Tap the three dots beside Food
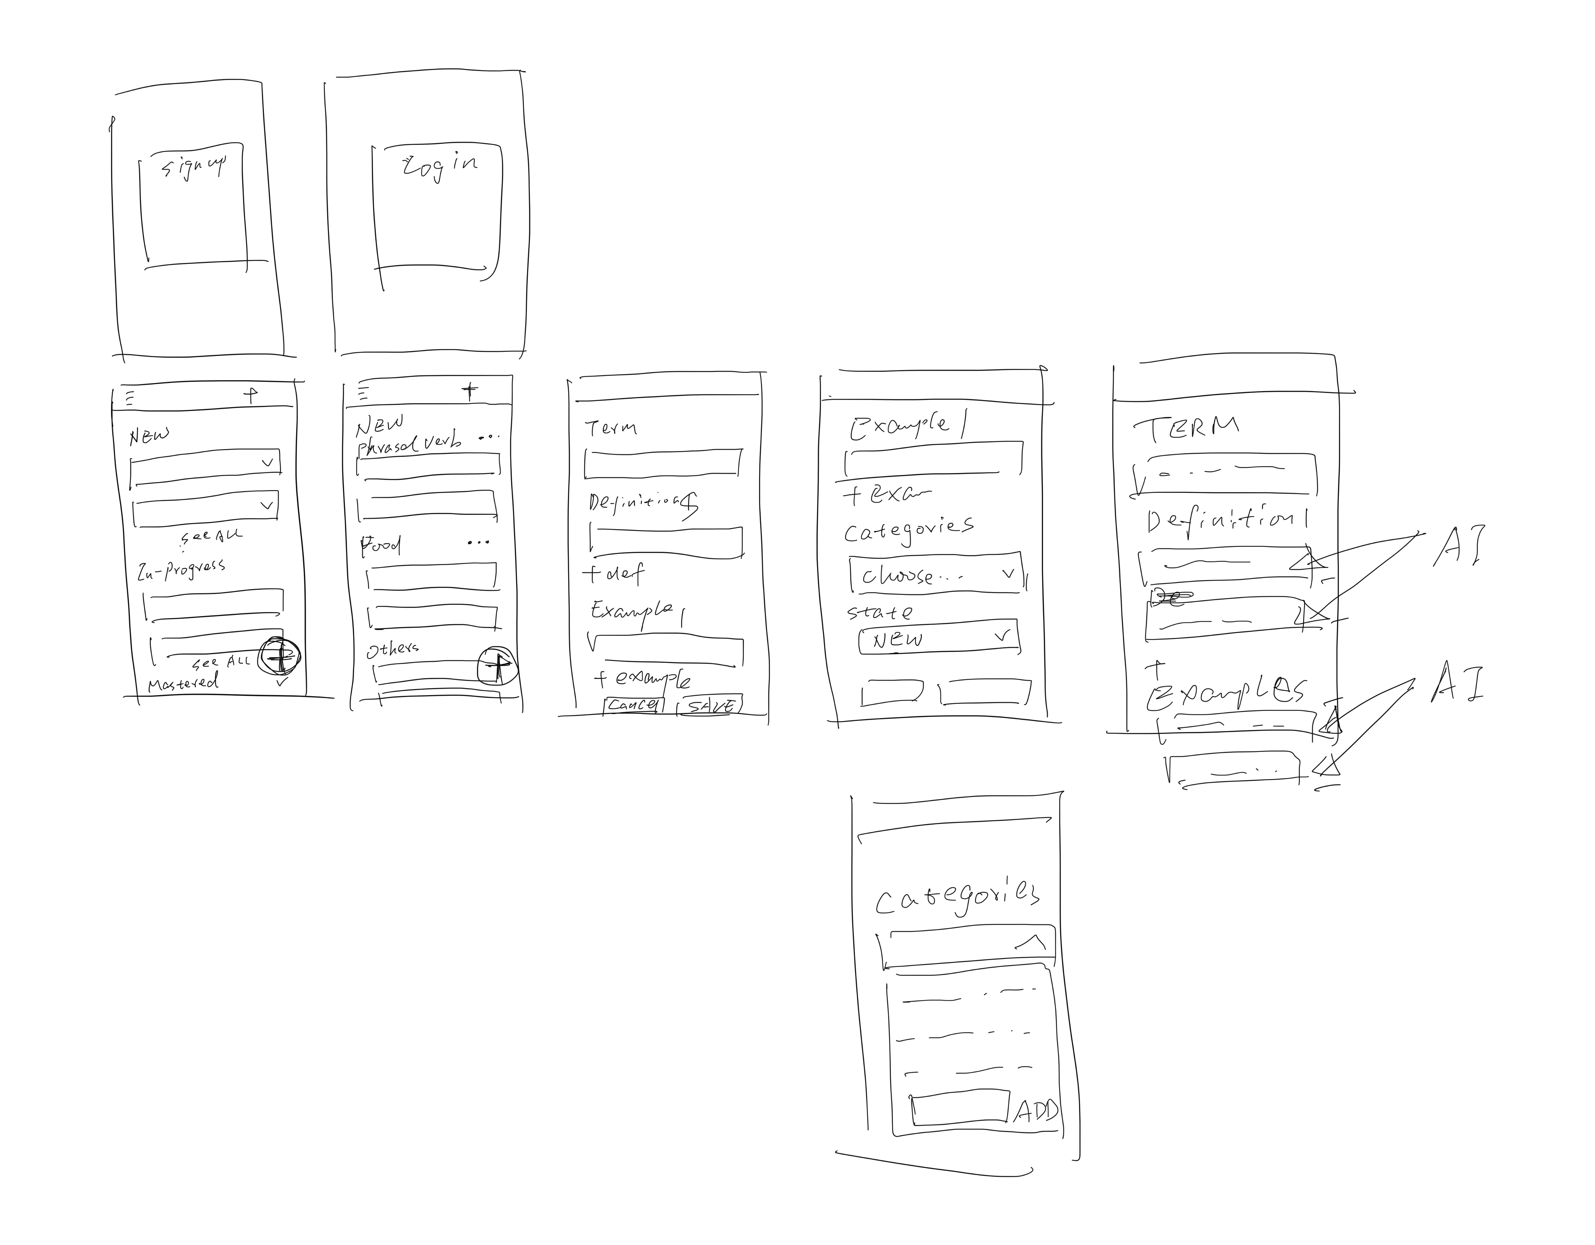pos(478,542)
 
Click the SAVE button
pos(710,705)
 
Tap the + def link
pos(614,574)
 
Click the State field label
pos(879,612)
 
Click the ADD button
pos(1036,1110)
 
